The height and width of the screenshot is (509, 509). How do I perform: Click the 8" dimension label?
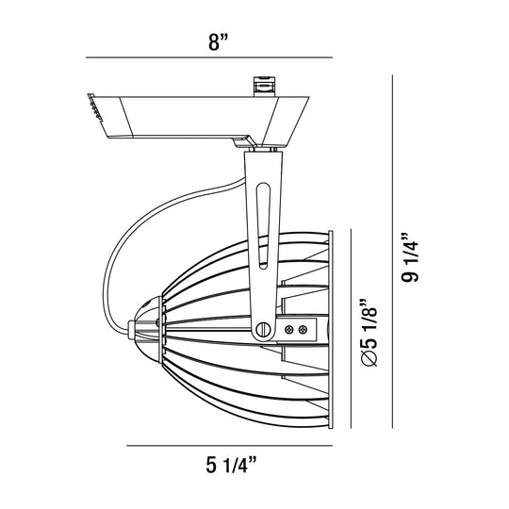pyautogui.click(x=219, y=42)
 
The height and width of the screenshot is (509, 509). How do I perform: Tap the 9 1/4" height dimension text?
pyautogui.click(x=410, y=257)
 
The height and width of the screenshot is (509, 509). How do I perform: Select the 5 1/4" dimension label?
pyautogui.click(x=231, y=465)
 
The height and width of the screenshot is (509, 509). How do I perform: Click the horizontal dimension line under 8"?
pyautogui.click(x=209, y=57)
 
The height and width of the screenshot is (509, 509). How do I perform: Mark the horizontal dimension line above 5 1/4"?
pyautogui.click(x=229, y=445)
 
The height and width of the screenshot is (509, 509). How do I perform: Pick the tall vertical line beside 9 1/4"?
pyautogui.click(x=392, y=252)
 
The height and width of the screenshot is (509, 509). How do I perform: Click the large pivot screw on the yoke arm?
pyautogui.click(x=263, y=330)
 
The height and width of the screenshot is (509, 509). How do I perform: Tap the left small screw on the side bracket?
pyautogui.click(x=288, y=330)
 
